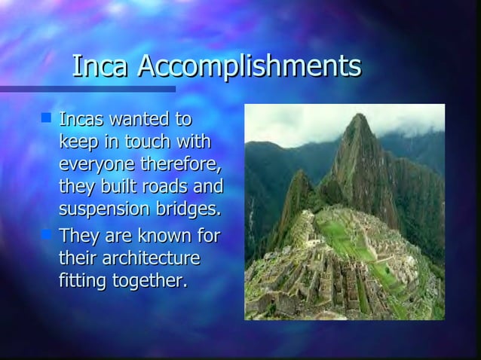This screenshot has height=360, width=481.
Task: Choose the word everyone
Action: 93,163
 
